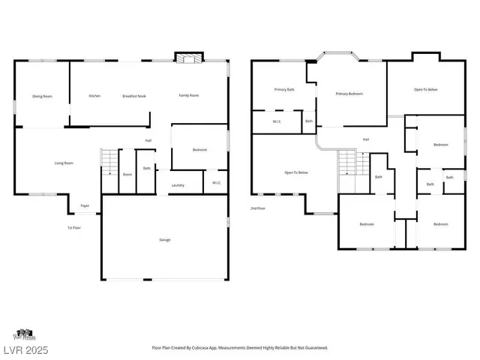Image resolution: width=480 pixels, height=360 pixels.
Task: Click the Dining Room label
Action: [42, 96]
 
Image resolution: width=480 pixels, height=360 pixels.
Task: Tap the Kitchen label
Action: [94, 96]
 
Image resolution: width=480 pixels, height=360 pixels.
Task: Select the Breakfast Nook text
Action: [134, 96]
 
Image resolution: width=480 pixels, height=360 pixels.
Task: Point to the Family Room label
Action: [188, 96]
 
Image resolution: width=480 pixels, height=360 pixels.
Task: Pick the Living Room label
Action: [63, 163]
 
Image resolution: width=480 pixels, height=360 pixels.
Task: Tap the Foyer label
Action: [85, 205]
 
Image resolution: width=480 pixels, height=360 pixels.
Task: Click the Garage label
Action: [164, 239]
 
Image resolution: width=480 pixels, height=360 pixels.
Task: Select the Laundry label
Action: [178, 185]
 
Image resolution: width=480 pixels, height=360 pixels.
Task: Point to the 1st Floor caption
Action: [73, 227]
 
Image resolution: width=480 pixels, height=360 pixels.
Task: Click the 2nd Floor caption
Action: [259, 208]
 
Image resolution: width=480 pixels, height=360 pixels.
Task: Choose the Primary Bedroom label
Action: [349, 94]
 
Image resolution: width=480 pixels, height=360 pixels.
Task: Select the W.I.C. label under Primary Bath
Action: [277, 121]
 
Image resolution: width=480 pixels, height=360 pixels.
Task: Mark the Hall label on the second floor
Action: [366, 139]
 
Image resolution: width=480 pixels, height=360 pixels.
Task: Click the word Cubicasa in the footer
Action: [202, 348]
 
